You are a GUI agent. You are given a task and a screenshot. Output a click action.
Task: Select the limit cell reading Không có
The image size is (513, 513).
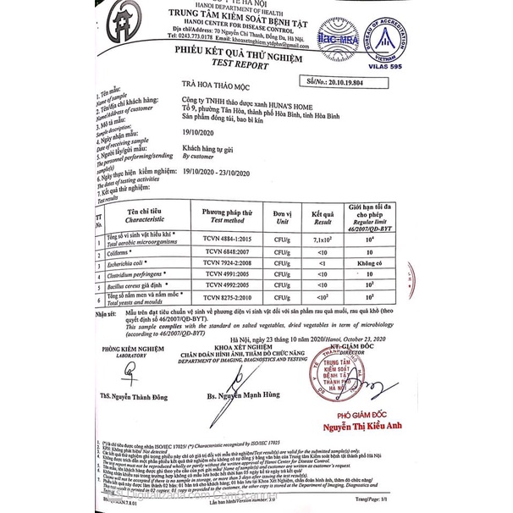pyautogui.click(x=371, y=264)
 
